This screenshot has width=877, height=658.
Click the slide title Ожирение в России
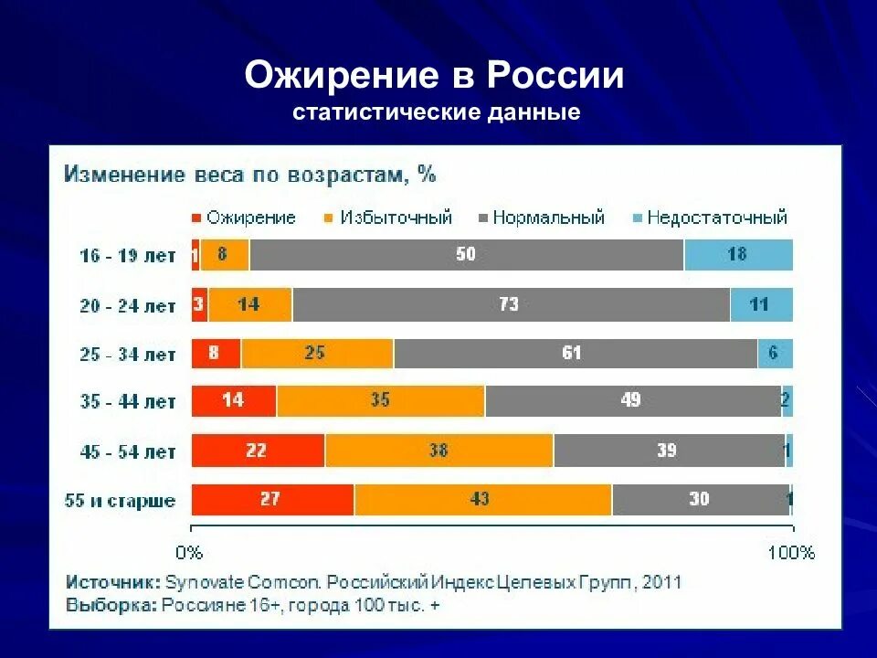[x=434, y=75]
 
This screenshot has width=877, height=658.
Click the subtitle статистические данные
[x=437, y=113]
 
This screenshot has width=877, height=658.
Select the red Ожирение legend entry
[x=244, y=218]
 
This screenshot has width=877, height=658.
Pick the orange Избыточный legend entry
[x=389, y=218]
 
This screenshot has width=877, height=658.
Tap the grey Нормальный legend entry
[x=542, y=218]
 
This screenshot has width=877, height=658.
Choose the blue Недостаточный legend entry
[x=710, y=218]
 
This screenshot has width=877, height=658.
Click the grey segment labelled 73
[x=510, y=304]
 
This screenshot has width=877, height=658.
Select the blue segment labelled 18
[x=737, y=255]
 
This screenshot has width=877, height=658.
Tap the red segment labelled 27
[x=271, y=500]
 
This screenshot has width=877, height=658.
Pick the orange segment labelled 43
[x=481, y=500]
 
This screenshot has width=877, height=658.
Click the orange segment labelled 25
[x=316, y=353]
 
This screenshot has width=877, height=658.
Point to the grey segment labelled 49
[x=632, y=401]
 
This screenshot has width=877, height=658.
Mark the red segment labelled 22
[x=257, y=451]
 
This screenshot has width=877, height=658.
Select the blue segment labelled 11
[x=760, y=304]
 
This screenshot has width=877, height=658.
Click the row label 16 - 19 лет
[x=126, y=257]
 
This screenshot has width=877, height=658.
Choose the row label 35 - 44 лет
[x=126, y=402]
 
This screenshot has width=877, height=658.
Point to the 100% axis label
[x=791, y=552]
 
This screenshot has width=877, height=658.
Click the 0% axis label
[x=189, y=552]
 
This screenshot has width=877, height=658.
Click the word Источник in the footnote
[x=112, y=582]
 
